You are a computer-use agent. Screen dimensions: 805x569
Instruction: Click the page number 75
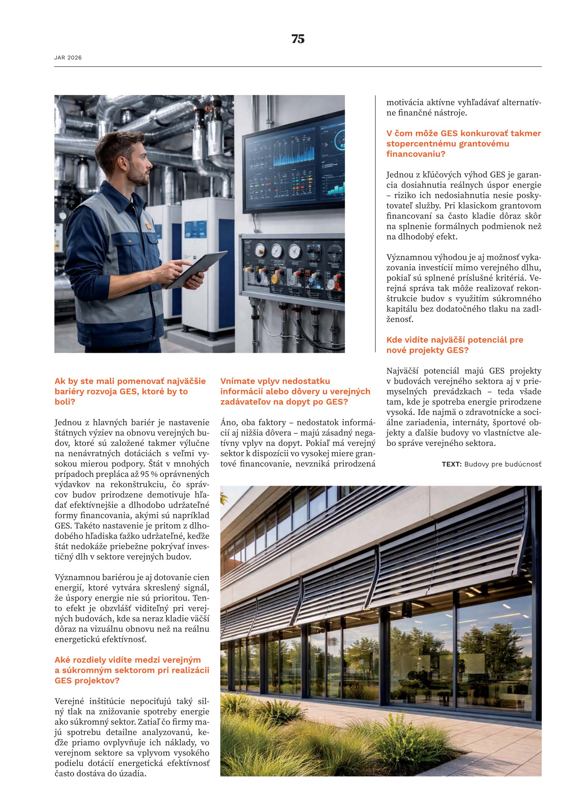298,39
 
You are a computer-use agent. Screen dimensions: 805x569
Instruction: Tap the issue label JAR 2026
68,58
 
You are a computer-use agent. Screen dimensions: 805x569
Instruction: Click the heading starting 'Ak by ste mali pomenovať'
130,391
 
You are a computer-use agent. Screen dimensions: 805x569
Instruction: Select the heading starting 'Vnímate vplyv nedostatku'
295,391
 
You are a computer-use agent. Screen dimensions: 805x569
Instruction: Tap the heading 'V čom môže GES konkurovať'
463,144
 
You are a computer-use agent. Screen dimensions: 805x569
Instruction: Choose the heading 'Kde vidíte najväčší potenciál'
454,345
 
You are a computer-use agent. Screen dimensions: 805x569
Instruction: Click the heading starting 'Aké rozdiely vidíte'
131,670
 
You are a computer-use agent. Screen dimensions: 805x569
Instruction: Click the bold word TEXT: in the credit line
452,464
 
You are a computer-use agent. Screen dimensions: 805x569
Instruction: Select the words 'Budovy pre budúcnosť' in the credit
503,464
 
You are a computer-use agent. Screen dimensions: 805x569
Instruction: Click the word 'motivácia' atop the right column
404,103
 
